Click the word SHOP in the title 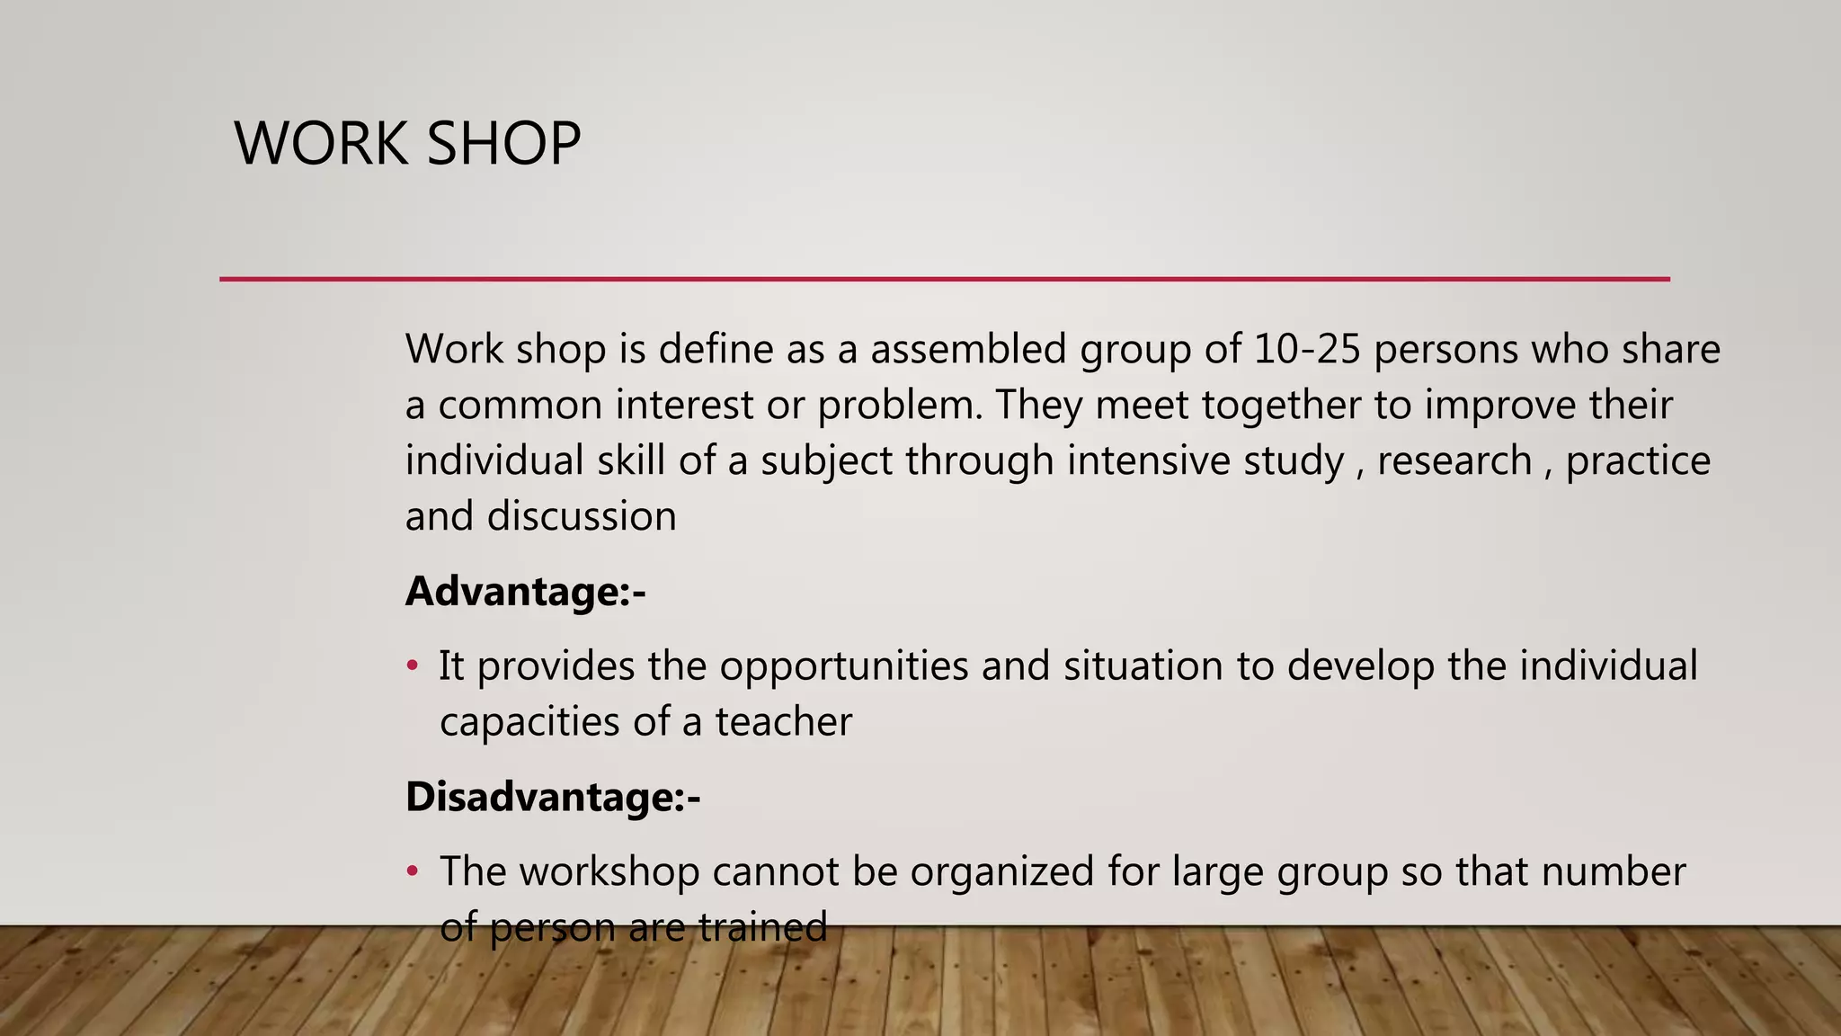pyautogui.click(x=503, y=144)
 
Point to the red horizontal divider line pyautogui.click(x=944, y=279)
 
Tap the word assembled pyautogui.click(x=968, y=349)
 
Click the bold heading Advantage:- pyautogui.click(x=526, y=592)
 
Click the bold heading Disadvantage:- pyautogui.click(x=553, y=797)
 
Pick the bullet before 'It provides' pyautogui.click(x=413, y=666)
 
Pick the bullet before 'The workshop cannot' pyautogui.click(x=413, y=871)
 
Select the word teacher pyautogui.click(x=783, y=722)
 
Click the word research pyautogui.click(x=1454, y=460)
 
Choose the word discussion pyautogui.click(x=582, y=517)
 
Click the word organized pyautogui.click(x=1001, y=871)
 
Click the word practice pyautogui.click(x=1638, y=460)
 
